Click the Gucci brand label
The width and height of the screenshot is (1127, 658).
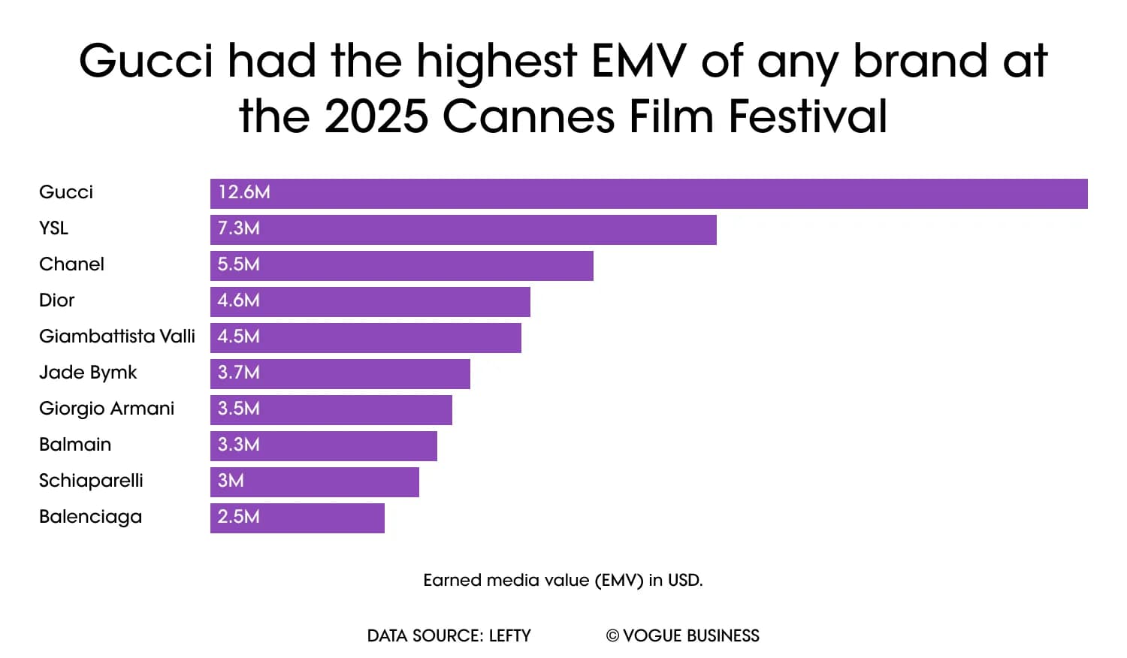click(66, 192)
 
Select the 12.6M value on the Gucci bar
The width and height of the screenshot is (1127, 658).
click(244, 192)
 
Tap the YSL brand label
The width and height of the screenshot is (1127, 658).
click(53, 228)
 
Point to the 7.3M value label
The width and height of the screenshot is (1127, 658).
click(239, 228)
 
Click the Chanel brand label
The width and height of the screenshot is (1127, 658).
click(71, 264)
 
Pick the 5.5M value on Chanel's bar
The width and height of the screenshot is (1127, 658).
click(239, 264)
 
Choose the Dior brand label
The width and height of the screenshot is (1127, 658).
click(57, 300)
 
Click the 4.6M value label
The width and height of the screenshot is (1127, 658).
click(239, 300)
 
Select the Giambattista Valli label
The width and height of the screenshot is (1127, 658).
click(117, 337)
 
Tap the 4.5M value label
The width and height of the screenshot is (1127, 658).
click(239, 337)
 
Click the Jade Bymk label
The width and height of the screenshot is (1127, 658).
click(88, 373)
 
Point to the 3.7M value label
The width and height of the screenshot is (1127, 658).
click(239, 373)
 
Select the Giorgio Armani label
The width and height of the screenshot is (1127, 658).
click(107, 409)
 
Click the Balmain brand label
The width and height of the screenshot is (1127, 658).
click(75, 445)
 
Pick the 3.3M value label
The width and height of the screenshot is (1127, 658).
click(239, 445)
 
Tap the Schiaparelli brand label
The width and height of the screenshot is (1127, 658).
click(91, 481)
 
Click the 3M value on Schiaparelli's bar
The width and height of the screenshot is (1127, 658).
click(231, 481)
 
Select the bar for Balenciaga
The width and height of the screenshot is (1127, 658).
click(298, 518)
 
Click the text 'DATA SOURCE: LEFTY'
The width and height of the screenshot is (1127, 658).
click(449, 636)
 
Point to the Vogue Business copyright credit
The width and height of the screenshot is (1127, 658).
click(682, 636)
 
